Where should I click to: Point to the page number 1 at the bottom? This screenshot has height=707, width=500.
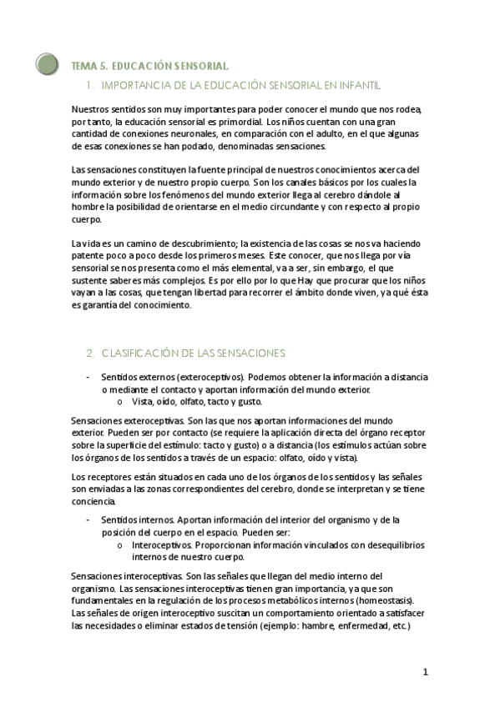pos(425,672)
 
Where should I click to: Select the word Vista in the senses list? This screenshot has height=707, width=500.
pos(144,401)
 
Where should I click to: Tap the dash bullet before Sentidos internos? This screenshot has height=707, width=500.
pos(88,519)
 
